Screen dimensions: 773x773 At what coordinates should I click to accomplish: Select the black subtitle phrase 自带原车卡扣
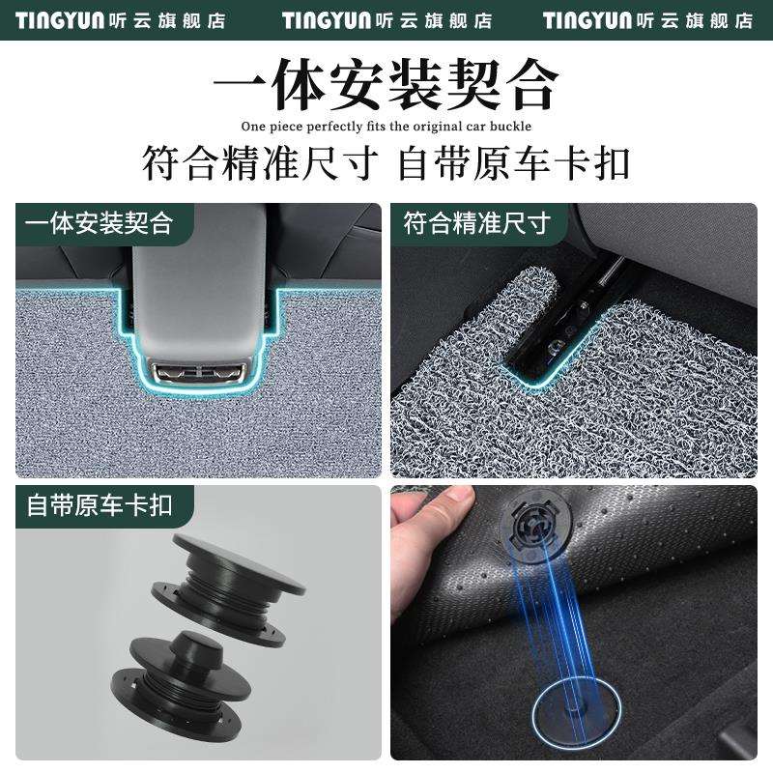point(514,162)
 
